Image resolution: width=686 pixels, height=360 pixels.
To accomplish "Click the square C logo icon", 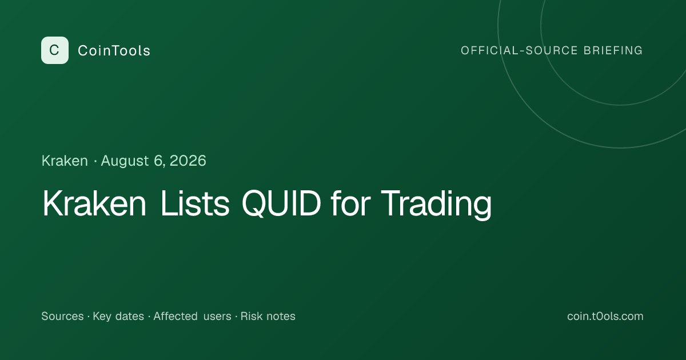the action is click(55, 50).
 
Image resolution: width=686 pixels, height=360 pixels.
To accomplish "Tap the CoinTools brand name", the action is click(114, 50).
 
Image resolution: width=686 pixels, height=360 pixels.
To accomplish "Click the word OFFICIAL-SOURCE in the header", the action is click(519, 50).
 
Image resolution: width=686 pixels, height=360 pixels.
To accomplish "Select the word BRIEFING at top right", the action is click(613, 50).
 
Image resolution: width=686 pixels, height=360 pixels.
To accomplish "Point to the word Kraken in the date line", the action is click(65, 161).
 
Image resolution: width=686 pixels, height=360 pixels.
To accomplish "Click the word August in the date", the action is click(125, 161).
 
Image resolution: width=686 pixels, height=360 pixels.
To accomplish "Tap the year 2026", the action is click(188, 161).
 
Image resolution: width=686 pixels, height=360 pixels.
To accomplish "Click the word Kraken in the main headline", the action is click(94, 203).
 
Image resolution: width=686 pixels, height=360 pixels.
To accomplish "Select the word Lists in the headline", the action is click(195, 203).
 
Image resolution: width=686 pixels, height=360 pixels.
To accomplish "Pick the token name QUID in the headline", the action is click(281, 204).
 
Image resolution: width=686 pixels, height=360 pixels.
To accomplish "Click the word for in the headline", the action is click(351, 203).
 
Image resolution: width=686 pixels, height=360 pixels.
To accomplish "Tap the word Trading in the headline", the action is click(436, 205).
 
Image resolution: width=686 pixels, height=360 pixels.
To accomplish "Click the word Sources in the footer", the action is click(62, 316).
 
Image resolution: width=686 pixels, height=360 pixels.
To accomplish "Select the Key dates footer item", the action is click(118, 317).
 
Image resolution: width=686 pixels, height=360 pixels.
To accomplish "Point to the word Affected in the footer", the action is click(176, 316).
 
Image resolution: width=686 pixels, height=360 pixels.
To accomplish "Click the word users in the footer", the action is click(217, 317).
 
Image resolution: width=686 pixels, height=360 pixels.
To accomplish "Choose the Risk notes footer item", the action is click(268, 316).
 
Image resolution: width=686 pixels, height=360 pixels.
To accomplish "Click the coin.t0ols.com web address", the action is click(605, 316).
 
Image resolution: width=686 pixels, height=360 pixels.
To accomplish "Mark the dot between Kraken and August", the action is click(95, 161).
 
